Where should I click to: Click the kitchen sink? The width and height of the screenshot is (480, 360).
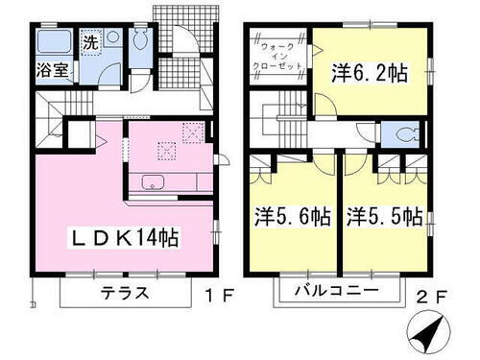(x=154, y=182)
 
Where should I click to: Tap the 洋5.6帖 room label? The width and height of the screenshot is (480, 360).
(x=293, y=217)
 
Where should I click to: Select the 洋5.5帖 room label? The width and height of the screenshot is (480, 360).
(x=384, y=217)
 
